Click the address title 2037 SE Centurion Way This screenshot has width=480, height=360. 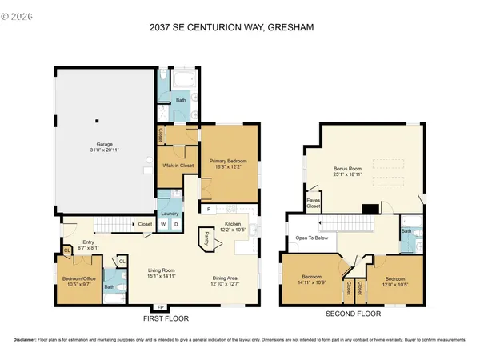[239, 28]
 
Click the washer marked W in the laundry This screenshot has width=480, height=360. [164, 224]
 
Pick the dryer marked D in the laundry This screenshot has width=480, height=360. [175, 224]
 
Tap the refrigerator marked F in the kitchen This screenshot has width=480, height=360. [208, 210]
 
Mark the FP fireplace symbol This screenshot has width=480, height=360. [160, 306]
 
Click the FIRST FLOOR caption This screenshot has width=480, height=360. [160, 318]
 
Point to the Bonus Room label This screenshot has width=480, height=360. [349, 172]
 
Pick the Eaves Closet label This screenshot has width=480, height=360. [313, 202]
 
